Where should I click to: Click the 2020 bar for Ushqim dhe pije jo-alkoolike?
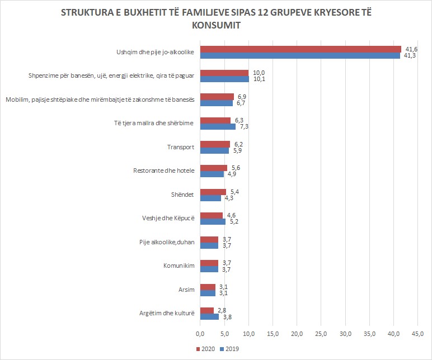(x=300, y=49)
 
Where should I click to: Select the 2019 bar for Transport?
(x=214, y=150)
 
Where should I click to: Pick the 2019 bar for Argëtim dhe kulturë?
(x=209, y=317)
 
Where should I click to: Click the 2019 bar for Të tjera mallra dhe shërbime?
(x=218, y=126)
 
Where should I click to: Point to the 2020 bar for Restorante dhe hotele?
(x=214, y=168)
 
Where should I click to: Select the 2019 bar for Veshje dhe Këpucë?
(x=213, y=222)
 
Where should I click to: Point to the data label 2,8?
(x=222, y=310)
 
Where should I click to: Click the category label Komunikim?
(x=180, y=266)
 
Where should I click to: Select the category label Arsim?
(x=186, y=290)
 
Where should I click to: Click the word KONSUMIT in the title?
(x=215, y=26)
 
